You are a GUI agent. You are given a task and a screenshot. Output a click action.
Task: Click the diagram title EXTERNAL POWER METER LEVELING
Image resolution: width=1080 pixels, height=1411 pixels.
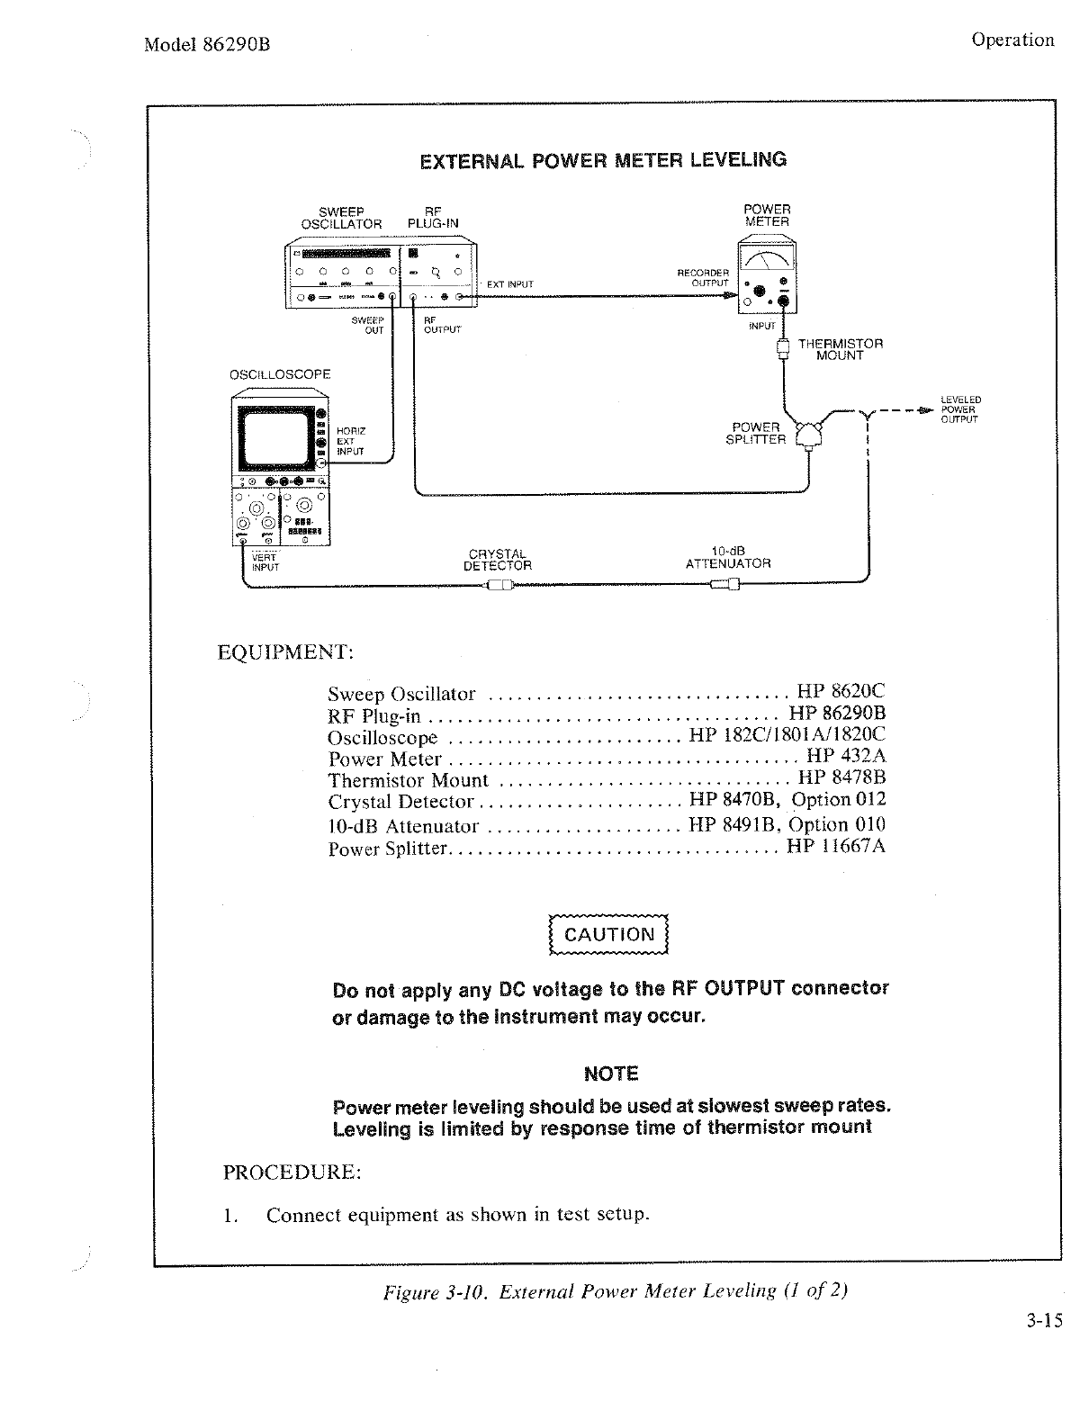[603, 161]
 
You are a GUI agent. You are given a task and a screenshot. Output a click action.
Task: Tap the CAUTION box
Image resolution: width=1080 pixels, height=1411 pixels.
[609, 934]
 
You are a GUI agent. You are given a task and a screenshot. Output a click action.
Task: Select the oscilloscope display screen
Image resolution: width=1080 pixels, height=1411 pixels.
[277, 438]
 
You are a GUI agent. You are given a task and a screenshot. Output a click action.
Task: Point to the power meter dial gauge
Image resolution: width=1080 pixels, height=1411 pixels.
[765, 260]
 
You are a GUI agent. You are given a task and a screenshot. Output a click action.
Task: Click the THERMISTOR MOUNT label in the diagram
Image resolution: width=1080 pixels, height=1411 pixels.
[840, 349]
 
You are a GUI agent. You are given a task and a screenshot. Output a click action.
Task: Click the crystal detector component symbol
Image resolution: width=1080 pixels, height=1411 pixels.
[499, 586]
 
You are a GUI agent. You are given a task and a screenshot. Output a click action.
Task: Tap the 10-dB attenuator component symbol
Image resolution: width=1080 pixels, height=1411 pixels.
[725, 586]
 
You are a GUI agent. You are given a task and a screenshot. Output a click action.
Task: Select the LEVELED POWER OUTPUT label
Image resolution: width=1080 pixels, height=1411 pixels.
[960, 409]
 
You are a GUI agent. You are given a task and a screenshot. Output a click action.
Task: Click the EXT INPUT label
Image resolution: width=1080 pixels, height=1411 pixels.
[509, 284]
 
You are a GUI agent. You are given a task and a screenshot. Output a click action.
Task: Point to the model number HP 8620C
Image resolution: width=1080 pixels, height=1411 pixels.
[841, 692]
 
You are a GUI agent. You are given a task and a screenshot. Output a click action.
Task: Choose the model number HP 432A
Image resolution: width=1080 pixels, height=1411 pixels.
[846, 757]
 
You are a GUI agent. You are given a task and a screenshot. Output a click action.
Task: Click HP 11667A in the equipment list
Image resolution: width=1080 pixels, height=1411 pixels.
[836, 846]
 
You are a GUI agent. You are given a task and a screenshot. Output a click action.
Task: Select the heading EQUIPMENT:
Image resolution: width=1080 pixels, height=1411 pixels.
[286, 652]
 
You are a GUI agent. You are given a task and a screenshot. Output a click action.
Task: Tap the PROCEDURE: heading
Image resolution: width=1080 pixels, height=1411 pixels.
[292, 1173]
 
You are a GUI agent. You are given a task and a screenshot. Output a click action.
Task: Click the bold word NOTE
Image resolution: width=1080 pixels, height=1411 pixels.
[611, 1074]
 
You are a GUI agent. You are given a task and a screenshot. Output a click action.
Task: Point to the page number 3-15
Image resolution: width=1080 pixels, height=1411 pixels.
[1044, 1321]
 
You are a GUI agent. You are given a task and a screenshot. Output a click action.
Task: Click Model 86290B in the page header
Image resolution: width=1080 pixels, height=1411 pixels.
[207, 45]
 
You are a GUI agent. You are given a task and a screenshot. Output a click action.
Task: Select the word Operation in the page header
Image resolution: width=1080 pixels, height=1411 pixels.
[1012, 40]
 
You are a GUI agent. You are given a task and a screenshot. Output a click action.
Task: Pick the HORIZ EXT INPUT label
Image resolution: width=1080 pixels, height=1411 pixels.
[350, 441]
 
